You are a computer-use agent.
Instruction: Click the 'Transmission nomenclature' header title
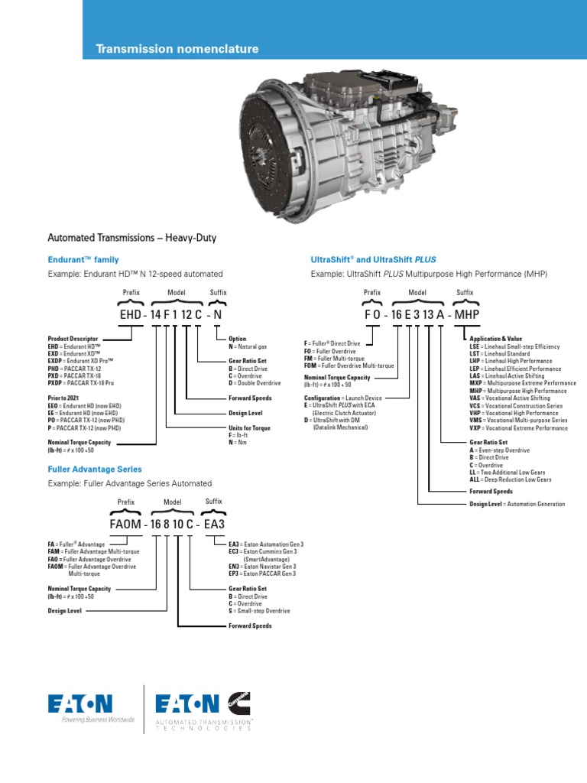[177, 49]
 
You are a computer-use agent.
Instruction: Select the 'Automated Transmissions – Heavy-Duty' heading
[132, 238]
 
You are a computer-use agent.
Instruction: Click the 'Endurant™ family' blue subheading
[83, 260]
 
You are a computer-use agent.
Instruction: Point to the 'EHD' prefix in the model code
[130, 314]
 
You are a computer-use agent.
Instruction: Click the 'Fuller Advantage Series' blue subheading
[95, 469]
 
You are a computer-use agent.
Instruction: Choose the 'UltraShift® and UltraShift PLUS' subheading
[373, 260]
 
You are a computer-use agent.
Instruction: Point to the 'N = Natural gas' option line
[248, 346]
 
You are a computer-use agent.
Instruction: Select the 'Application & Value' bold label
[495, 339]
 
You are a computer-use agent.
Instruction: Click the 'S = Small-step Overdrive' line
[259, 611]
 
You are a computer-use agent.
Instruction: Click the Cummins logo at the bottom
[238, 700]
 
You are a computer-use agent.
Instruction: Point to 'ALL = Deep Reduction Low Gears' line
[510, 480]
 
